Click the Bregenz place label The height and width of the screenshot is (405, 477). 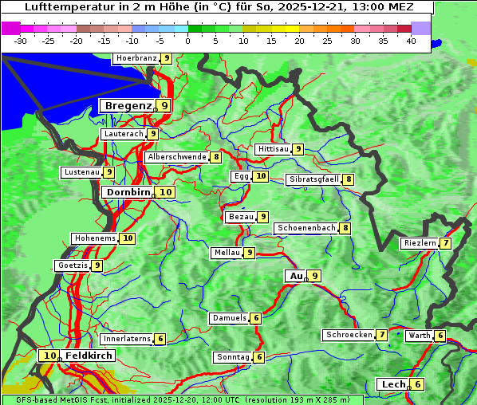click(127, 105)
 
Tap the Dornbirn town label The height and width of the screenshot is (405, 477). click(128, 192)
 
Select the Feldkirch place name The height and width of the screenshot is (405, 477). click(89, 356)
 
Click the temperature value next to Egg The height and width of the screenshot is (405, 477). click(261, 176)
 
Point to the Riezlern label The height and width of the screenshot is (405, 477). click(420, 243)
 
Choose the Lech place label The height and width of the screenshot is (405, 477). click(393, 384)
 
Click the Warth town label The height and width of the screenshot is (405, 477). click(420, 336)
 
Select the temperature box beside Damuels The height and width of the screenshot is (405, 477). click(255, 318)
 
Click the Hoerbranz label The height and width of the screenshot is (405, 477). click(136, 58)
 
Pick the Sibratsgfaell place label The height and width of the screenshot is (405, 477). click(314, 179)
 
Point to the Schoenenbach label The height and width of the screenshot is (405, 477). click(306, 228)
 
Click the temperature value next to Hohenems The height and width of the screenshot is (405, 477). click(128, 238)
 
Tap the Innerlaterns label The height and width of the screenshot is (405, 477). click(127, 339)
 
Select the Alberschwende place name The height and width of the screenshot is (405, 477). click(177, 157)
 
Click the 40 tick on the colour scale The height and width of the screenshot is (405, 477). click(411, 41)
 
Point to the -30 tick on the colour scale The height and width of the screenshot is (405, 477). click(21, 41)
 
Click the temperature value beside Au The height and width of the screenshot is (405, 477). click(315, 276)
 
